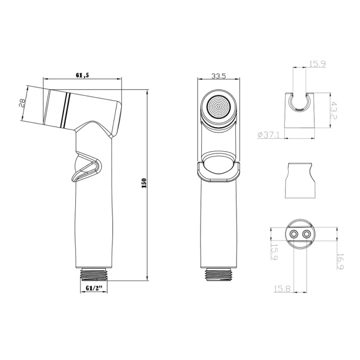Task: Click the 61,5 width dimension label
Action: (x=82, y=75)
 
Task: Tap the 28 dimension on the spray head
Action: (x=22, y=103)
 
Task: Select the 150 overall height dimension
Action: (x=144, y=183)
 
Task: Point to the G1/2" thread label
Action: (x=94, y=288)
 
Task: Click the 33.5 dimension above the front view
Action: (x=219, y=76)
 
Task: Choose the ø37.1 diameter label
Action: (x=268, y=135)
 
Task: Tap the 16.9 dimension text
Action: (x=341, y=261)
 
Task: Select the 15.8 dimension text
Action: (x=282, y=289)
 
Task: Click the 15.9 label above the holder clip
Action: (x=318, y=64)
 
